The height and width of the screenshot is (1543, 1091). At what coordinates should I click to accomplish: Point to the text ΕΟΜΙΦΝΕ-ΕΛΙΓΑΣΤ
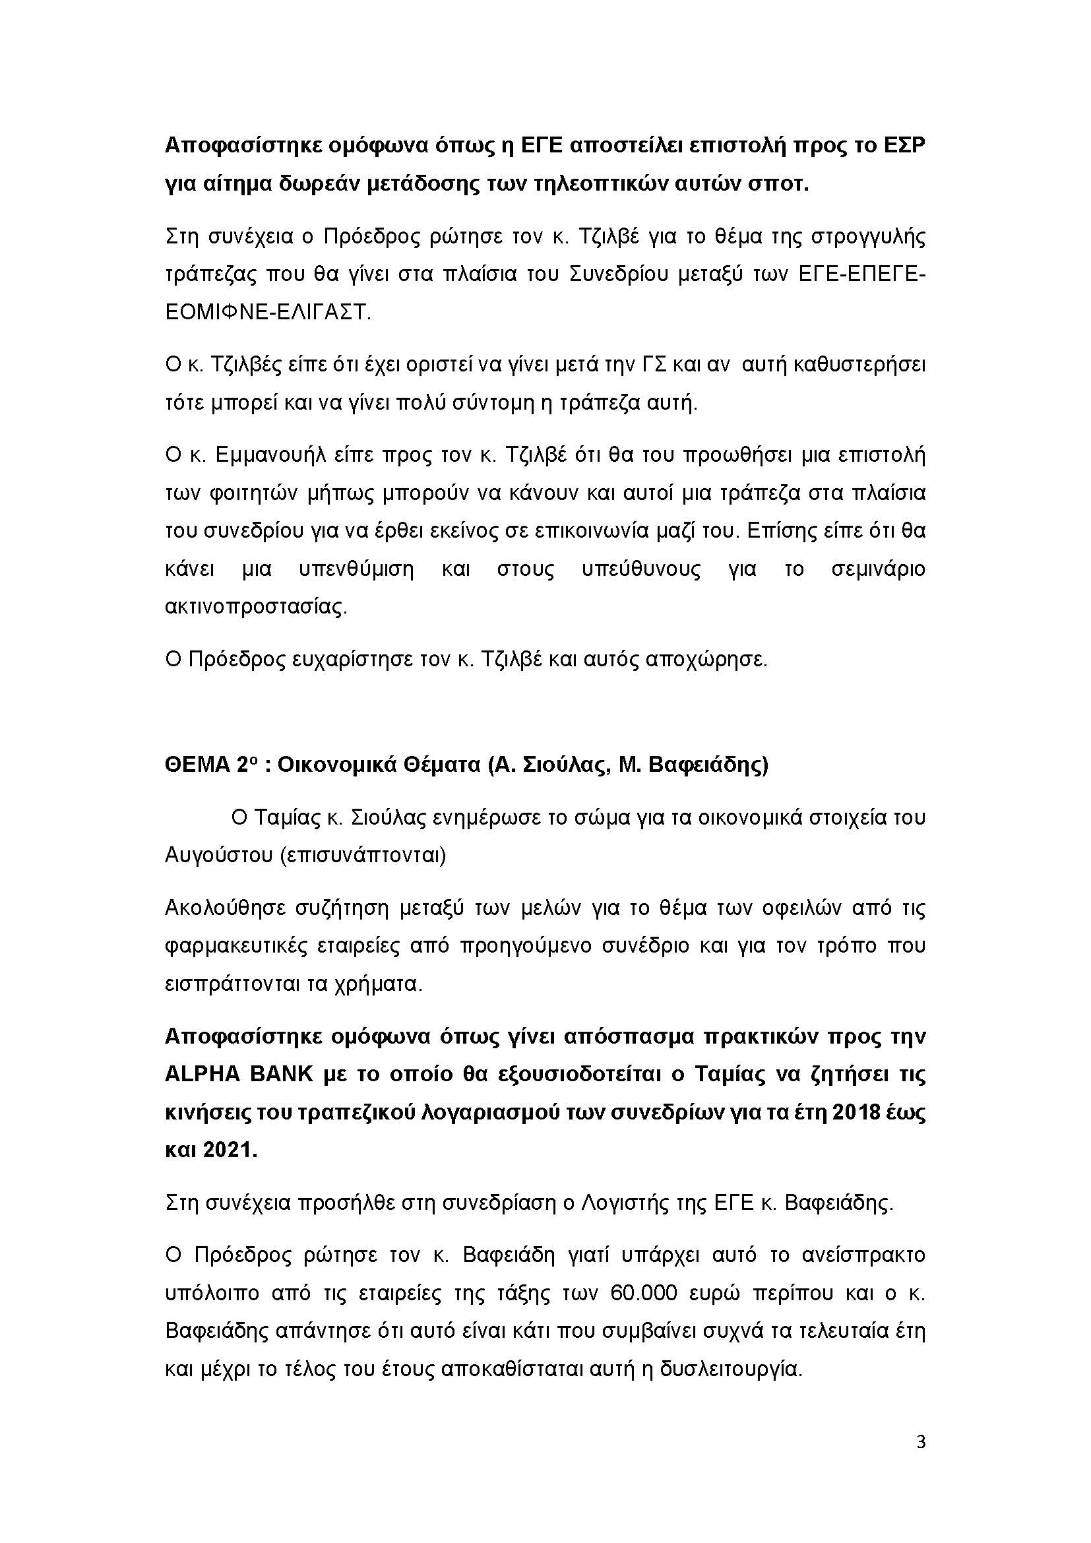(268, 313)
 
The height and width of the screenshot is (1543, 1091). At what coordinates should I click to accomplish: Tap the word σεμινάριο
(878, 569)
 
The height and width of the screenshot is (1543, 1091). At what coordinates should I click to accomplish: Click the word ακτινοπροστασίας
(257, 608)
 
